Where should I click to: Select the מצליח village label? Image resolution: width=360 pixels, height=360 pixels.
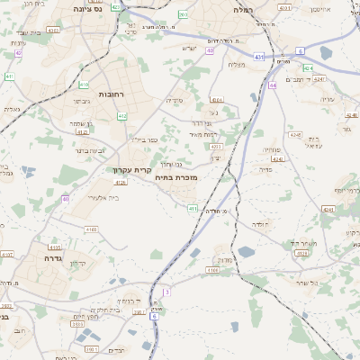pos(237,64)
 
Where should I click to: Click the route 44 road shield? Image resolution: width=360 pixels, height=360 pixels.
pos(272,85)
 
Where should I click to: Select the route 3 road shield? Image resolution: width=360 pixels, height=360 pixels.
pos(166,292)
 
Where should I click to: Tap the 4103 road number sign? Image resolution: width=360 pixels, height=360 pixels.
pos(90,229)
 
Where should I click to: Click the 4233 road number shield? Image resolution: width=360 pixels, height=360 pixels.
pos(213,146)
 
